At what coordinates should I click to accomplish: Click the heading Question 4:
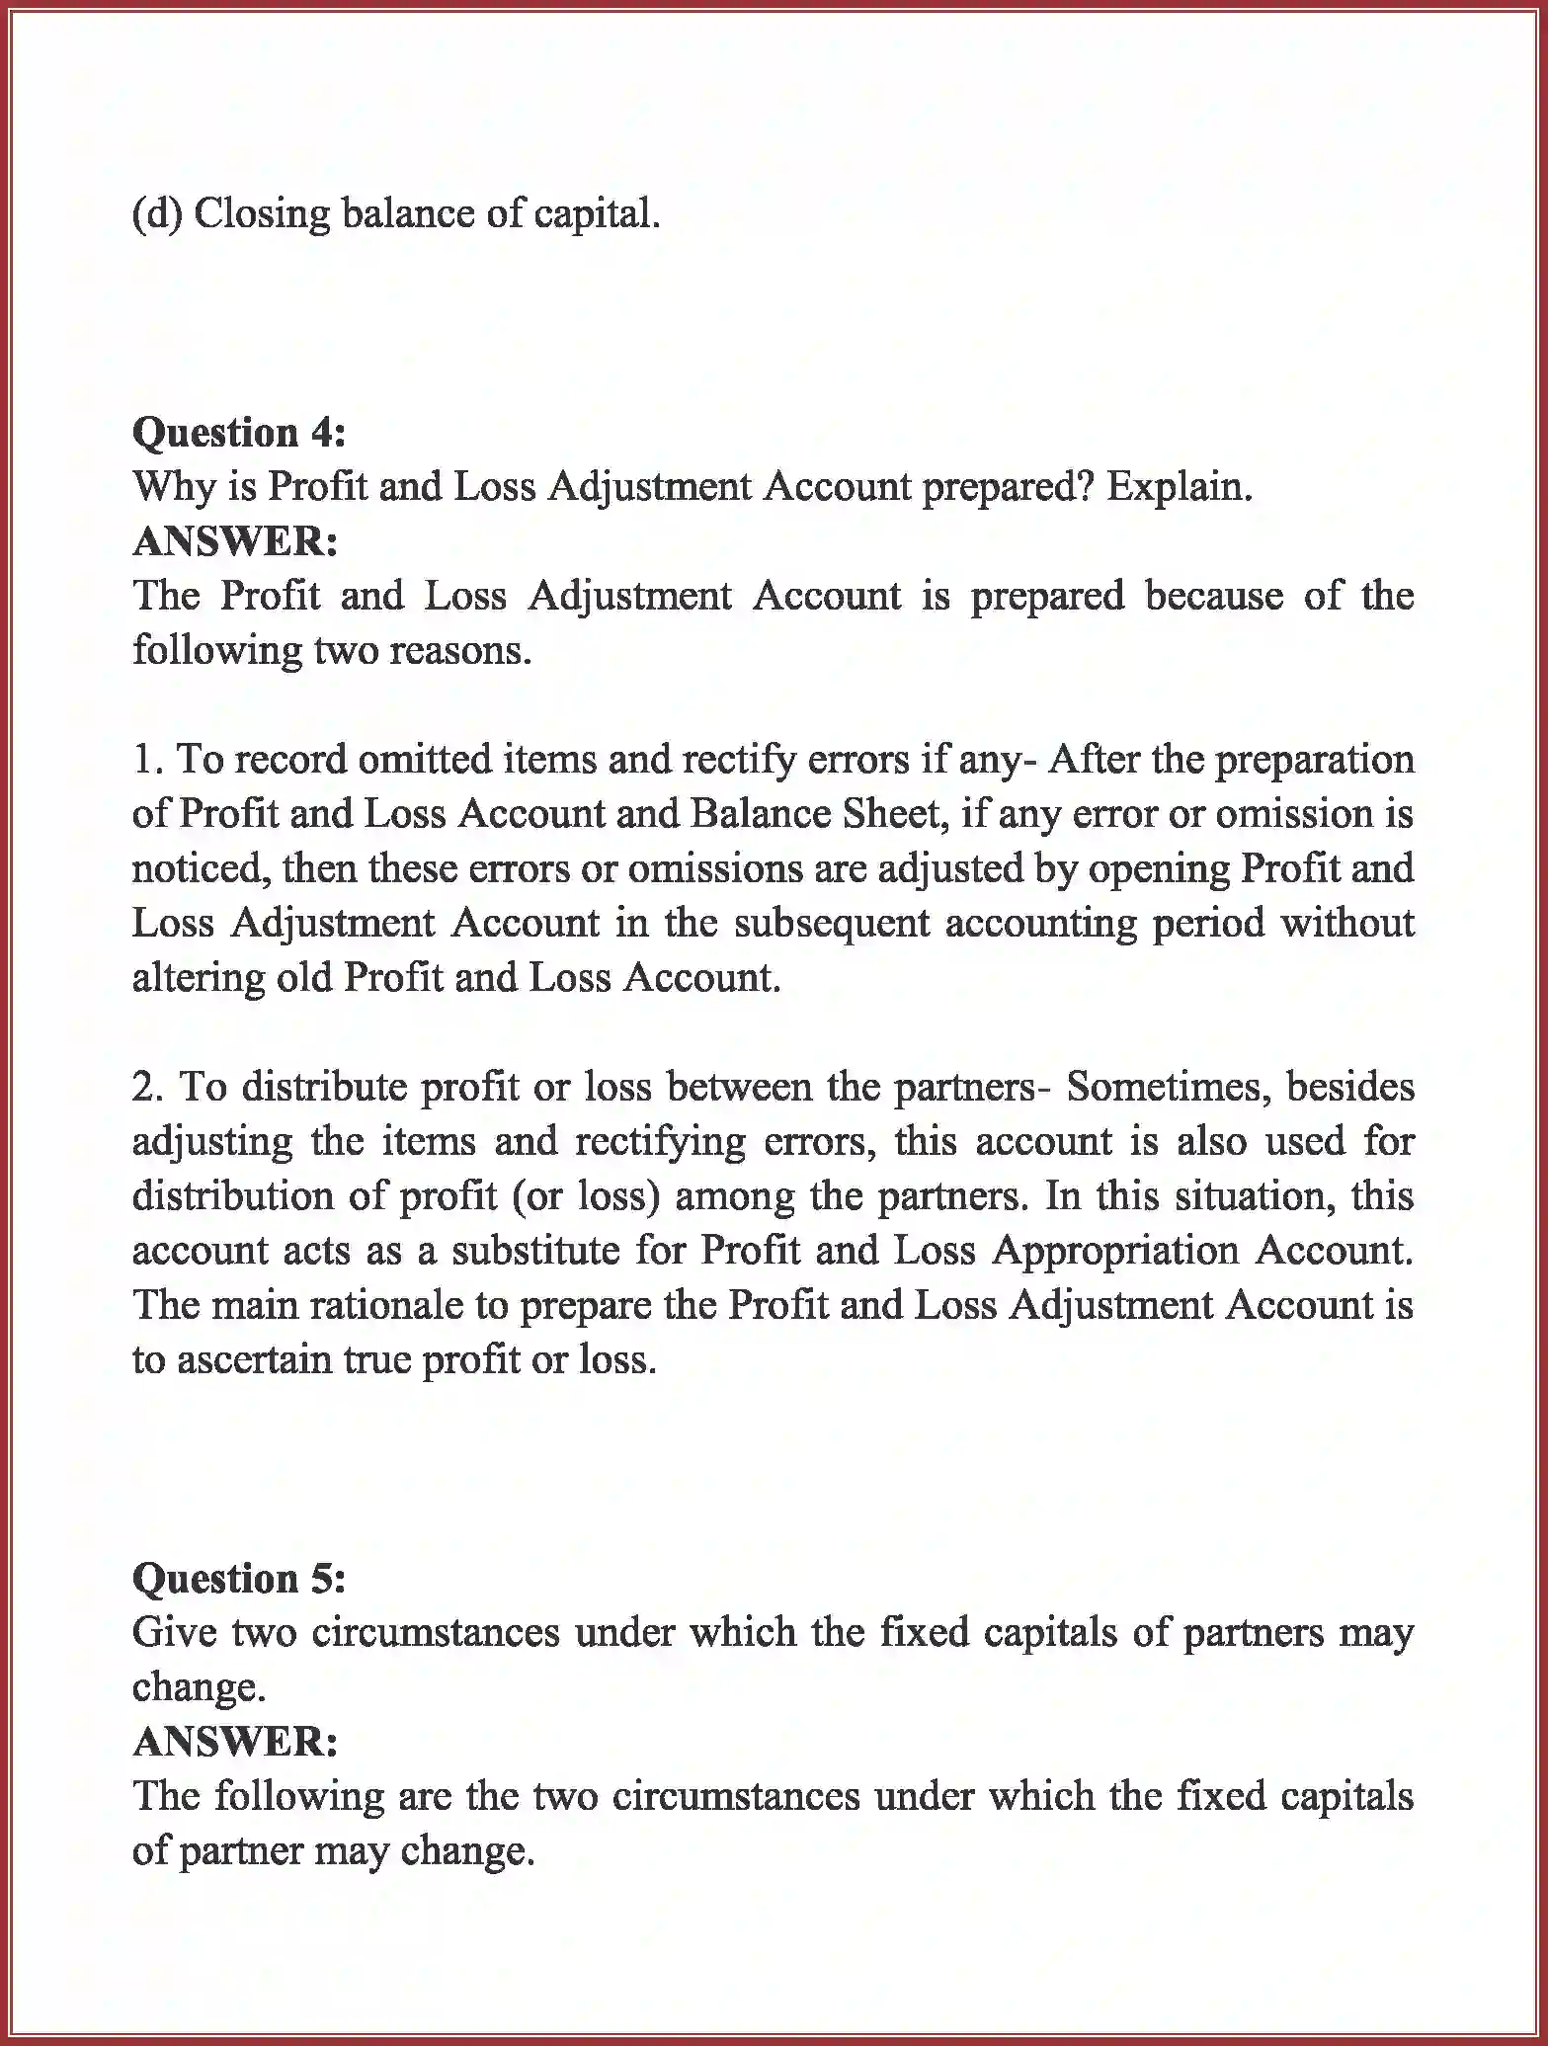(238, 433)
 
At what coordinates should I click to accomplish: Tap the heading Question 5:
(238, 1578)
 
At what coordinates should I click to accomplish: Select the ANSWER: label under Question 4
(235, 541)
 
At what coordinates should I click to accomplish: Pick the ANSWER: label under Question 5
(235, 1741)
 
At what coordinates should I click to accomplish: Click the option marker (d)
(157, 213)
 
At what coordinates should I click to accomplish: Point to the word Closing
(261, 213)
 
